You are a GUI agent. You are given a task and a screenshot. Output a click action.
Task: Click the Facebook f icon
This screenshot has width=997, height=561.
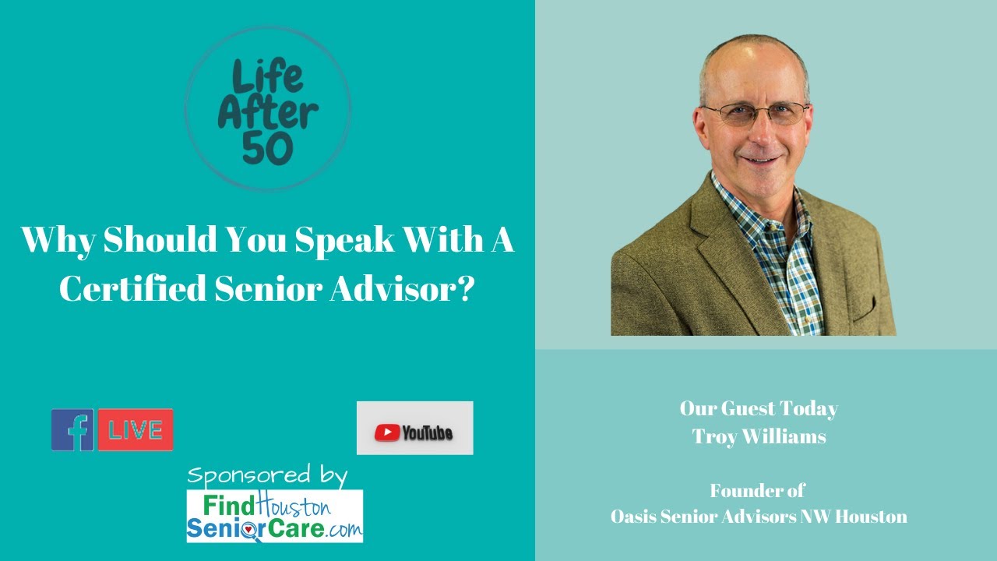(x=72, y=430)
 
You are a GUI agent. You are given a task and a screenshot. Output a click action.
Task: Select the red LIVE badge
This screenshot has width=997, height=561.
(x=136, y=430)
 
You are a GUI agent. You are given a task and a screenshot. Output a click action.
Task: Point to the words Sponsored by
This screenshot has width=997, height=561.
(x=267, y=475)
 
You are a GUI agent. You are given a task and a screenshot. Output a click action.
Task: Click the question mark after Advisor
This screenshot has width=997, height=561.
(x=466, y=288)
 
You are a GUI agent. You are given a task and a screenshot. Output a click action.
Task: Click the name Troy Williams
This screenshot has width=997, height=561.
(x=759, y=437)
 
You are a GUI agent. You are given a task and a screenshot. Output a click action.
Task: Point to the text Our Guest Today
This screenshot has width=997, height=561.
(x=759, y=408)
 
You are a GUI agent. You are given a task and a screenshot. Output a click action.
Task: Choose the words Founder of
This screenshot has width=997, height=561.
(x=757, y=491)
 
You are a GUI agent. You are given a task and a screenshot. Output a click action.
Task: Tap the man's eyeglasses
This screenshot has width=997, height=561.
(x=754, y=113)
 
